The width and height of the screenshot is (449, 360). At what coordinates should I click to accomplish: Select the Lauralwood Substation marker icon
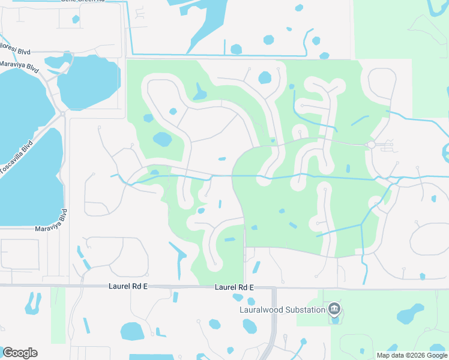[334, 310]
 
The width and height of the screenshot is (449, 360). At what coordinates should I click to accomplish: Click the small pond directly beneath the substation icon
[334, 320]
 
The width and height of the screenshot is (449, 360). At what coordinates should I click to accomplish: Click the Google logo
[20, 353]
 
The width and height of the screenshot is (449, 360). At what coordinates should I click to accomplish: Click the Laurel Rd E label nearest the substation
[234, 288]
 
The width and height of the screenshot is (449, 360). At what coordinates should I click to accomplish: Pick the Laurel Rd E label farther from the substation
[128, 287]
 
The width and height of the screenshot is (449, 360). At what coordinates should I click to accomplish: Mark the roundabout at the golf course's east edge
[371, 145]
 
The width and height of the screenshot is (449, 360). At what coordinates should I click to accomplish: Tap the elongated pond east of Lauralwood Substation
[411, 313]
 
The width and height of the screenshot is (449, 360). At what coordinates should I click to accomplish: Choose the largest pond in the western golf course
[162, 139]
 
